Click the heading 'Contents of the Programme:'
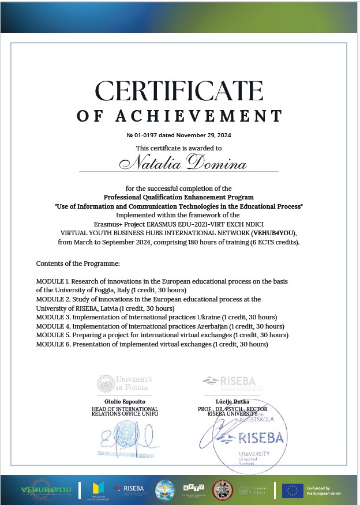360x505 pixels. (78, 263)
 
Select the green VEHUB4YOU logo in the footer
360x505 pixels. (46, 490)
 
